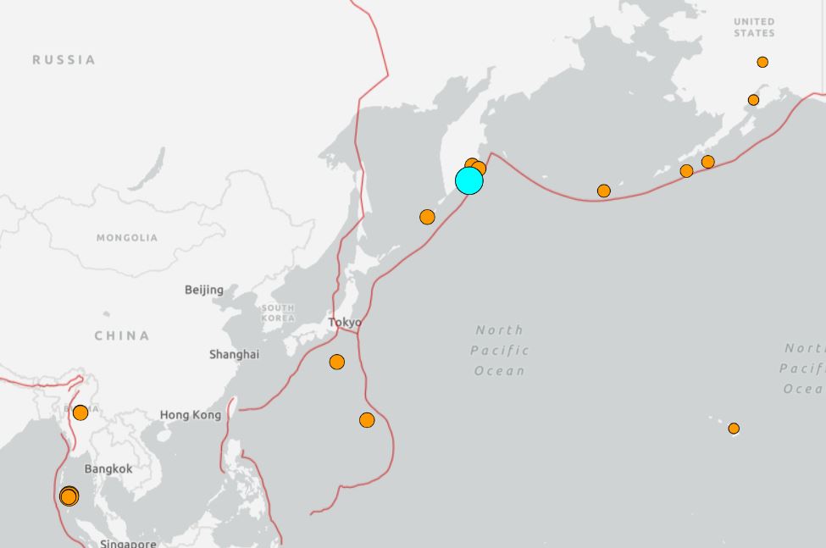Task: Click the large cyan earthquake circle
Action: (x=468, y=180)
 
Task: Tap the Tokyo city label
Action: (x=345, y=322)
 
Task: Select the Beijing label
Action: (x=204, y=290)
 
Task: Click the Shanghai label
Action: (x=234, y=354)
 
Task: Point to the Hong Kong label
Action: (x=191, y=415)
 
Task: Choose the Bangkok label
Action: (x=108, y=468)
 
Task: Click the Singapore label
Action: (x=128, y=543)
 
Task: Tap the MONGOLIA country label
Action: (x=127, y=238)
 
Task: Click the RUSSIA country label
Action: (x=64, y=60)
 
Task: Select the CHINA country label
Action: (x=122, y=336)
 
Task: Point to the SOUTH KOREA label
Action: (x=278, y=313)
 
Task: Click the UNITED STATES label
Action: (x=754, y=27)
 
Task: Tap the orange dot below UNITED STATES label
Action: (x=762, y=62)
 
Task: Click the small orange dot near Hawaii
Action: (x=734, y=429)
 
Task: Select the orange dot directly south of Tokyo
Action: (x=337, y=363)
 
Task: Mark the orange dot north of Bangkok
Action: (x=80, y=412)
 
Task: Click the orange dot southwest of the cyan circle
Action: (x=427, y=218)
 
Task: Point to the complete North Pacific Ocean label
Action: (x=500, y=350)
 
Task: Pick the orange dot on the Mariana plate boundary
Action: (x=367, y=420)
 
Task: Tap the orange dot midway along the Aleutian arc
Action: (x=604, y=191)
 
